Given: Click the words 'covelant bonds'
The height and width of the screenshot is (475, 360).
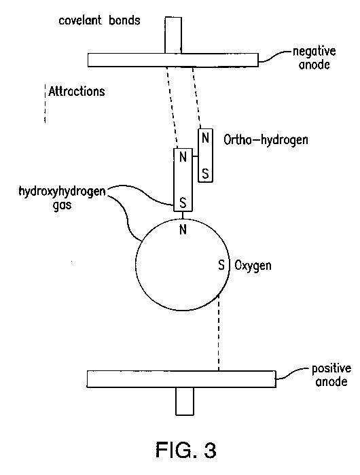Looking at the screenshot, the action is point(99,20).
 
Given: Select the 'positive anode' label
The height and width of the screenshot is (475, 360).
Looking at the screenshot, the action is point(331,375).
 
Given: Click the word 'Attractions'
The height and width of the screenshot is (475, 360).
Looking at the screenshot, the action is point(77,91).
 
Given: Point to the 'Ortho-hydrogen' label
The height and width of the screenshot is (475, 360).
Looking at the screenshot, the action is point(266,140).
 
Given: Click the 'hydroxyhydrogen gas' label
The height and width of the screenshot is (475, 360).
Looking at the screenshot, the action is point(62,198).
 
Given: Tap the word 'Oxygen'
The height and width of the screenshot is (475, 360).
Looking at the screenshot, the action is point(253,266).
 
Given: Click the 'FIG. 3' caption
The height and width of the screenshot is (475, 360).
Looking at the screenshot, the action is point(186,450).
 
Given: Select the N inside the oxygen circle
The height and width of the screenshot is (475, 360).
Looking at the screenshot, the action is point(183,230).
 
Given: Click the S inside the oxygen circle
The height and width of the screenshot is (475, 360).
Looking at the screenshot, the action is point(221,265).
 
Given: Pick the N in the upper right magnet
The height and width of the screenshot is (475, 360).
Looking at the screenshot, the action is point(205,138).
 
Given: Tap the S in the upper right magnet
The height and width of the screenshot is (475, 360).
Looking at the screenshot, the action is point(205,174).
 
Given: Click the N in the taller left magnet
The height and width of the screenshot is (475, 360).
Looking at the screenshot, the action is point(183,157).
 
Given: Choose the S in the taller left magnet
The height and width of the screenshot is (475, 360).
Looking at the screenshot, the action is point(183,203).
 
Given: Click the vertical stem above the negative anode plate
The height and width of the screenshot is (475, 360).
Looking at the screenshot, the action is point(173,35).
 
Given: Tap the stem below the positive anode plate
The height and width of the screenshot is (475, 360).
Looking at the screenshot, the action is point(184,401).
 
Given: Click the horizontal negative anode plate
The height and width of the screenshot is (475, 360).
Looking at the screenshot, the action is point(173,60).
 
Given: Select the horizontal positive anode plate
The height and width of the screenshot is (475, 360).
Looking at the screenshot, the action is point(181,379).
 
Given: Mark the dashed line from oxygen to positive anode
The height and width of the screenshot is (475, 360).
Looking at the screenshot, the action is point(219,332).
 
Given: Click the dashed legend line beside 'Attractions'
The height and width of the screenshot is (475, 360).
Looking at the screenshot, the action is point(45,103).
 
